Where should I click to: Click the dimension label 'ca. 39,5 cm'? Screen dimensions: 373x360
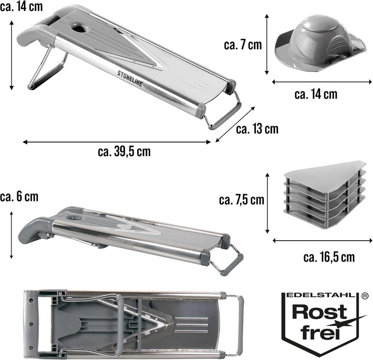124,151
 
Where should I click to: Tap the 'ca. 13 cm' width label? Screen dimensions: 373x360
257,129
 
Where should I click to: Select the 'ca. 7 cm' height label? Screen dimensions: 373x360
242,45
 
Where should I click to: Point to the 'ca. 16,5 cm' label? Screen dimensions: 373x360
329,257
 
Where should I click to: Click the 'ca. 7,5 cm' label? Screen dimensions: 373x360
241,200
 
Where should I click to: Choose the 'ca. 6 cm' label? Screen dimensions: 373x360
19,197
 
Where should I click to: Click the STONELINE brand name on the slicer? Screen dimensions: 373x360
130,78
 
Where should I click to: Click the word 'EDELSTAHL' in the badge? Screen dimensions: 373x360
321,295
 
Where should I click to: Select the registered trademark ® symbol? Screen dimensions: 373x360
364,296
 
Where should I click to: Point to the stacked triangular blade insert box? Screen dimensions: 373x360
325,194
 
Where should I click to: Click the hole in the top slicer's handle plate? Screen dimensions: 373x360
79,28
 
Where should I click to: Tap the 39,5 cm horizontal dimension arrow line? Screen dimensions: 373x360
117,142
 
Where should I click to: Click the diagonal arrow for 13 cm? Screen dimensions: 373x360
235,124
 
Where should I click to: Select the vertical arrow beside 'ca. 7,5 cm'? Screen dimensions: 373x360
267,203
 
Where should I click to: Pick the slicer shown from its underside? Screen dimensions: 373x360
134,325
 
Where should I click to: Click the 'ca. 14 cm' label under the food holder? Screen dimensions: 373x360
315,94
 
